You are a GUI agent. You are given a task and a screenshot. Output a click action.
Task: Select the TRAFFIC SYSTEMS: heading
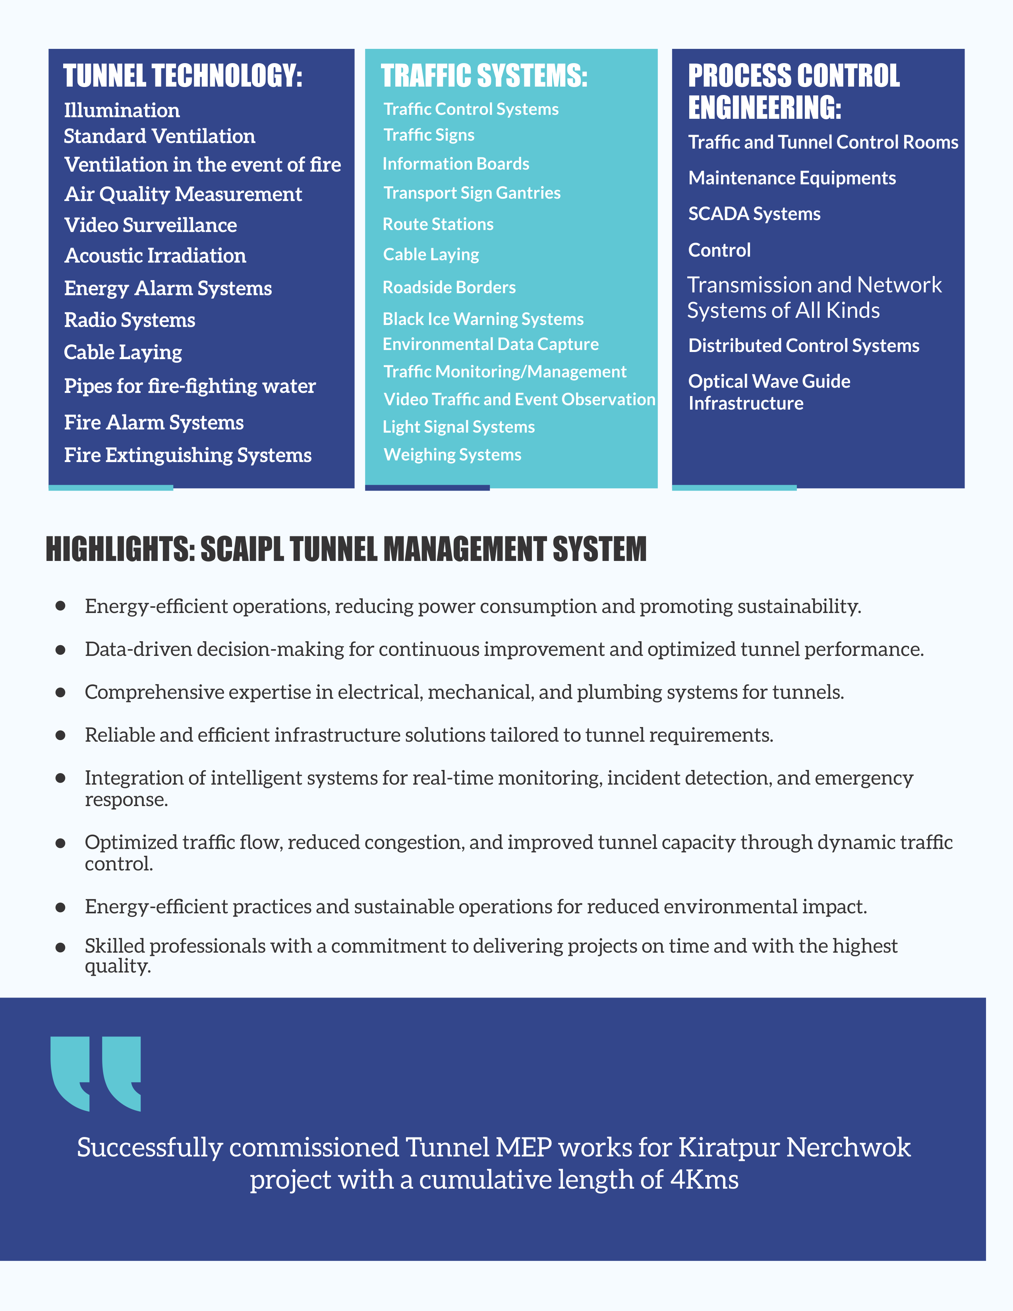click(484, 76)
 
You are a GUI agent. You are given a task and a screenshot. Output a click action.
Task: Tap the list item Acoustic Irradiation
click(155, 256)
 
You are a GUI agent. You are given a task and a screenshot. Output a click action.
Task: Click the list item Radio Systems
click(130, 320)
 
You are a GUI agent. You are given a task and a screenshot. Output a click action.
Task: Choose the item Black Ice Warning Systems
click(483, 319)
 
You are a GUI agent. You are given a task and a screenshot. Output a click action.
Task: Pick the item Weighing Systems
click(452, 454)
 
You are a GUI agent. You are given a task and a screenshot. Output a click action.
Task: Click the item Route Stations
click(438, 224)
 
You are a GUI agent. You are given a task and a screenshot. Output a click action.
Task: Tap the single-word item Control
click(719, 250)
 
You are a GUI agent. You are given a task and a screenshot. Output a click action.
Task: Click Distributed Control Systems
click(804, 345)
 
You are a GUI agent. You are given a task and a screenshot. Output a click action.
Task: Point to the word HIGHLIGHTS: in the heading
click(120, 549)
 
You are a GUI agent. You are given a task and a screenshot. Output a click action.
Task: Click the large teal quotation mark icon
click(96, 1073)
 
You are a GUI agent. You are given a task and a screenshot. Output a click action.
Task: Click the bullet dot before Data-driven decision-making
click(60, 650)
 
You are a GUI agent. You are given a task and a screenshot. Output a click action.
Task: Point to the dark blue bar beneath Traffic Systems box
click(427, 488)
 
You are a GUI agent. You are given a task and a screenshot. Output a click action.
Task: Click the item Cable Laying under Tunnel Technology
click(123, 352)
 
